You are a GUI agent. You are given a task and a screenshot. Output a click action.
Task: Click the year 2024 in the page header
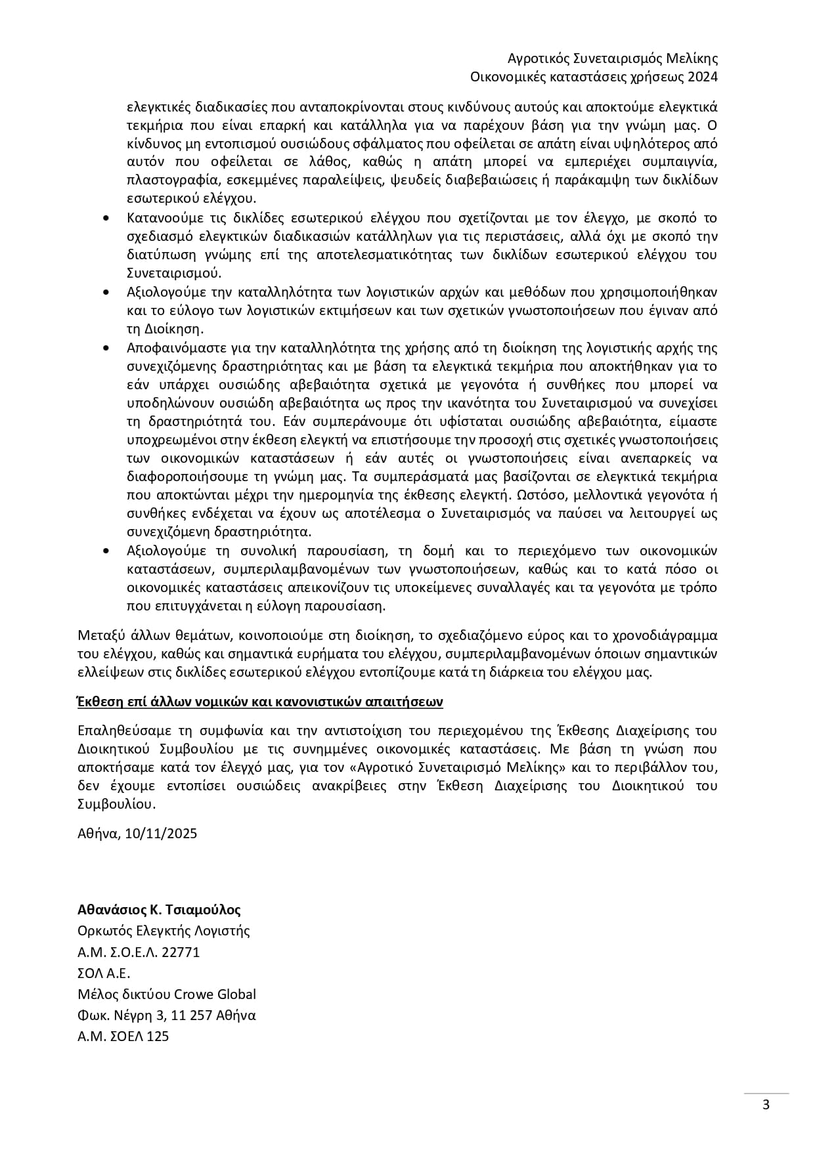tap(702, 77)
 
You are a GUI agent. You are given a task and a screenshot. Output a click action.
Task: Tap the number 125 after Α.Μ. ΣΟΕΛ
tap(158, 1036)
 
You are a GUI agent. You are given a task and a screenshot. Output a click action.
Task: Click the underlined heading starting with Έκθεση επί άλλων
tap(260, 702)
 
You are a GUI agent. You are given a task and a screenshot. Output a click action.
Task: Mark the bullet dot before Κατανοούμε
tap(107, 218)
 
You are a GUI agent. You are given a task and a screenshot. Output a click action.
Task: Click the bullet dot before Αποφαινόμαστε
tap(107, 347)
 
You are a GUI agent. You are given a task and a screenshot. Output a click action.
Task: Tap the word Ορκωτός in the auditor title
tap(102, 931)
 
